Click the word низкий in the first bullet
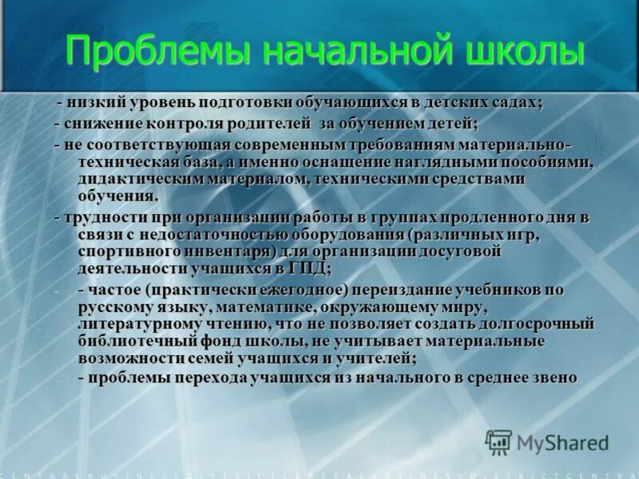point(95,103)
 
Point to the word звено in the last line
point(552,378)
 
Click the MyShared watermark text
point(562,441)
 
